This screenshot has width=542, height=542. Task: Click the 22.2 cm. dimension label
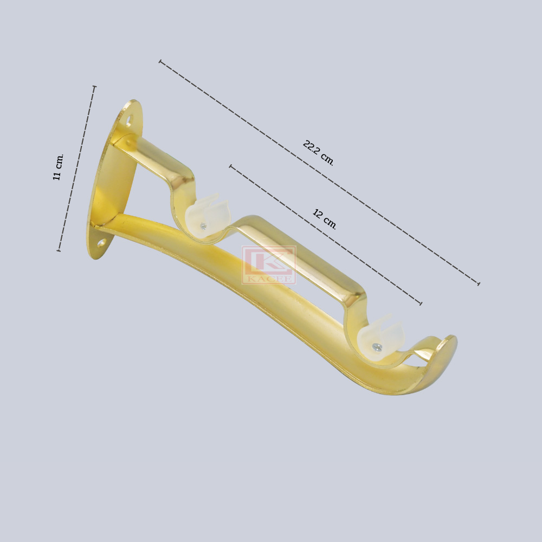pyautogui.click(x=318, y=153)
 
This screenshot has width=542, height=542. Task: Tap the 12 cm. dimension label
pyautogui.click(x=324, y=219)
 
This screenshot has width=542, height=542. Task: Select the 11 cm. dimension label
pyautogui.click(x=58, y=167)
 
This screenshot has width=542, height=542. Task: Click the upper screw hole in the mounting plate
pyautogui.click(x=129, y=121)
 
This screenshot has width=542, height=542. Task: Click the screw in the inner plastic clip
pyautogui.click(x=203, y=227)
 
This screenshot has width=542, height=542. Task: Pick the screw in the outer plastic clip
pyautogui.click(x=376, y=347)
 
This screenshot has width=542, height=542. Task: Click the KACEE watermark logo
pyautogui.click(x=269, y=265)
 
